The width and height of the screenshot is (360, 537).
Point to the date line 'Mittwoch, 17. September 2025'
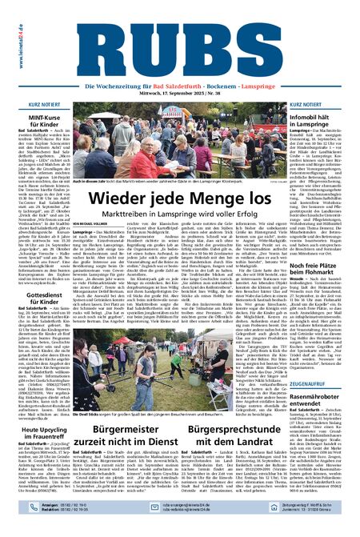coord(172,92)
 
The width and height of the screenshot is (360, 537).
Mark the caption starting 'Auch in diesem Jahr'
coord(140,182)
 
